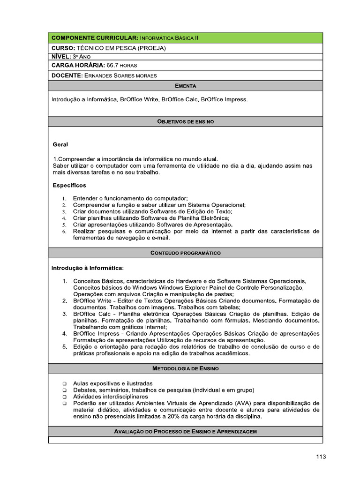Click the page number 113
click(x=321, y=457)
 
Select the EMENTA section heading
click(x=185, y=86)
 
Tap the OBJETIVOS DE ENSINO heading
click(x=185, y=121)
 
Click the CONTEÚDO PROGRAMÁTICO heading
click(x=185, y=253)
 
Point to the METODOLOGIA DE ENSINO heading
click(x=185, y=368)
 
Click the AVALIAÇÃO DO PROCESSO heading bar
click(x=185, y=431)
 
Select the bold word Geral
click(x=60, y=145)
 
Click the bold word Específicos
click(x=69, y=186)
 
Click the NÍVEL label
click(x=60, y=57)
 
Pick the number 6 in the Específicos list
click(x=64, y=232)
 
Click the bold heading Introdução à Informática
click(x=87, y=268)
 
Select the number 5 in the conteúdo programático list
click(x=64, y=347)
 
